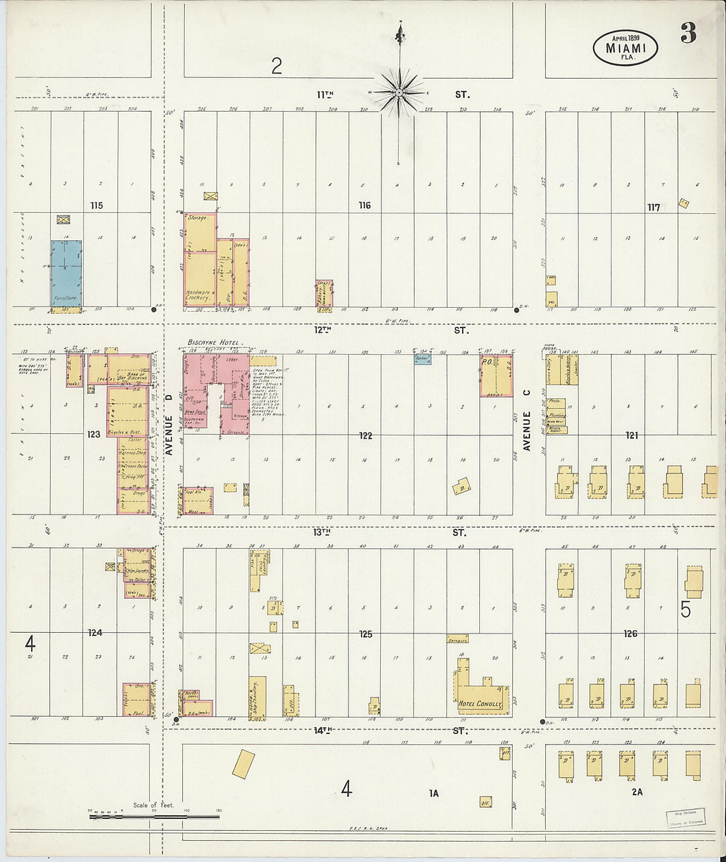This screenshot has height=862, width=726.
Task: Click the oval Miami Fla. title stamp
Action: (x=625, y=48)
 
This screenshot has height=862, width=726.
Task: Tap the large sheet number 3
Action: (x=688, y=33)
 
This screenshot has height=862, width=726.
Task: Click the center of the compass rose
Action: (x=399, y=92)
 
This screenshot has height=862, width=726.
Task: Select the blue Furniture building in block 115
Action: (x=67, y=273)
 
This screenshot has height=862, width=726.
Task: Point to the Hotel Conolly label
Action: (x=480, y=704)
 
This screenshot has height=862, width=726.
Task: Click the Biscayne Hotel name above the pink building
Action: (x=214, y=342)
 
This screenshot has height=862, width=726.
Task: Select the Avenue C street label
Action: (x=527, y=431)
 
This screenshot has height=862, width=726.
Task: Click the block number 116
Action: (x=364, y=205)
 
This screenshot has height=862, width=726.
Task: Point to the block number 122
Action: (x=365, y=435)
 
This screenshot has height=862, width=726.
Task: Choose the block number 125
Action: (x=365, y=634)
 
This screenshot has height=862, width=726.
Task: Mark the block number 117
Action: (x=653, y=207)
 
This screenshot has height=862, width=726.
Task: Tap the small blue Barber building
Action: (x=422, y=359)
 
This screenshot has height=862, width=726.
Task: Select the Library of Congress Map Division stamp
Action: (x=685, y=818)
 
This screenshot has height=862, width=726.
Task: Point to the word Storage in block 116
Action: (x=197, y=217)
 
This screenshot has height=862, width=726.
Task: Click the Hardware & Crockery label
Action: (x=199, y=295)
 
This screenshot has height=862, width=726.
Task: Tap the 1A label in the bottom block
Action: (x=433, y=793)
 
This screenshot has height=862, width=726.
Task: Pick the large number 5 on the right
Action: (x=686, y=609)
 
